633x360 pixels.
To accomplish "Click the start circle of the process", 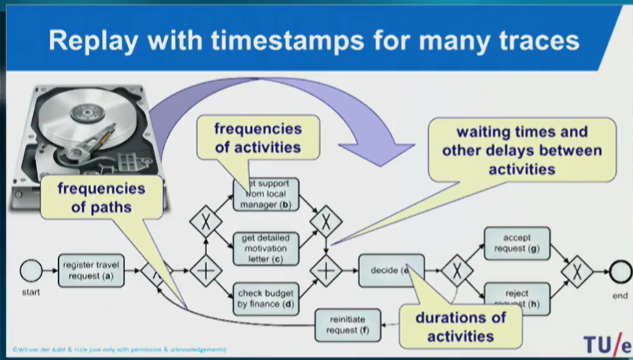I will (31, 271).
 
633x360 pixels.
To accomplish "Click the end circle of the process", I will (621, 271).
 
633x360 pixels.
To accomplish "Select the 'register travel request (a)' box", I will (91, 271).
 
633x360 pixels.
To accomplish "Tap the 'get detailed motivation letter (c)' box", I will (267, 248).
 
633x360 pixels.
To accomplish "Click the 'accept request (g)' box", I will (516, 243).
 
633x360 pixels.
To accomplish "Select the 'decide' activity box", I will (390, 271).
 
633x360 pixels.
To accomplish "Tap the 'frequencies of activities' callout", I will (258, 137).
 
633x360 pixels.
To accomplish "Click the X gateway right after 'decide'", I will (456, 271).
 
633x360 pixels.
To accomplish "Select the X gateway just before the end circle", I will (577, 271).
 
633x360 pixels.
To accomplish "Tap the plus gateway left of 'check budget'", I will (206, 271).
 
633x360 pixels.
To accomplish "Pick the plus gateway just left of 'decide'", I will (326, 271).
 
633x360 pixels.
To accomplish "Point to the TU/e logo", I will (604, 343).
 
